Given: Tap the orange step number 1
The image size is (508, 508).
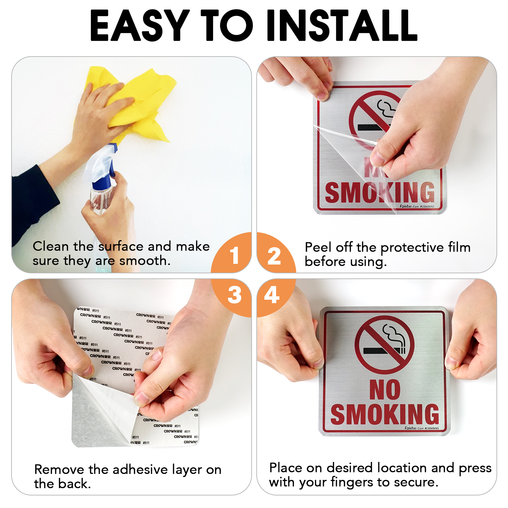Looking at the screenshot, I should [x=234, y=255].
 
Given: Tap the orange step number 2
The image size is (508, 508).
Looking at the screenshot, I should [x=274, y=256].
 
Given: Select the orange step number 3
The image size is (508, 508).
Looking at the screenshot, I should [x=234, y=295].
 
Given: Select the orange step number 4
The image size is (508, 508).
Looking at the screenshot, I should [x=272, y=295].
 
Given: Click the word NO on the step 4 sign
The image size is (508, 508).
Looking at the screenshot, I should [x=385, y=389].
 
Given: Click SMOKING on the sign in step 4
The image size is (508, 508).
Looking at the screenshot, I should [x=385, y=414].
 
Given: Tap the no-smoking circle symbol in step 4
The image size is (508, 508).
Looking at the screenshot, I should [x=385, y=345].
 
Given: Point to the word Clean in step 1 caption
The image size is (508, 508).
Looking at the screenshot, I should [x=51, y=246].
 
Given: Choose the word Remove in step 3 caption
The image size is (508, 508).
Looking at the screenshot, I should [x=59, y=470].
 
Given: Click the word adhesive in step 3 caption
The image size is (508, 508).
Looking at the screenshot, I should [x=140, y=470].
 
